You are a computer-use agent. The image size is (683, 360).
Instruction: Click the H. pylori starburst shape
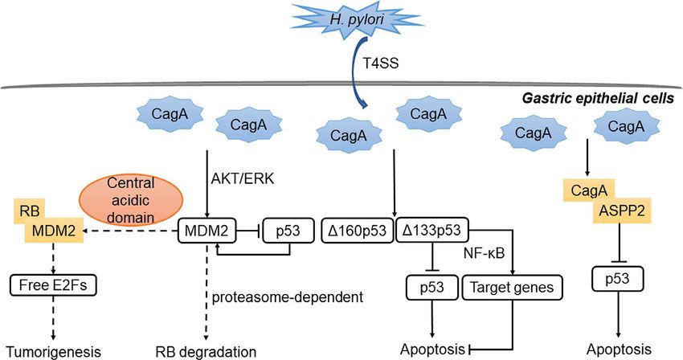(356, 19)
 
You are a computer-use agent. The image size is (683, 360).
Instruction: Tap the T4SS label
(381, 63)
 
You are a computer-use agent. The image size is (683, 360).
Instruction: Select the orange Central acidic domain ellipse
(131, 200)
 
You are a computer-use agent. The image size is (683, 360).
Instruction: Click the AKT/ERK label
(243, 178)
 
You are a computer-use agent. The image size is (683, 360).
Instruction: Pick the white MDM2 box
(207, 231)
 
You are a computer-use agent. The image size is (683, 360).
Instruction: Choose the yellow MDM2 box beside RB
(55, 231)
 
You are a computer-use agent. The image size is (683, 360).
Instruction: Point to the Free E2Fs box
(53, 285)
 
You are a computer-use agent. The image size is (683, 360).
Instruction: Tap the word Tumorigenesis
(54, 351)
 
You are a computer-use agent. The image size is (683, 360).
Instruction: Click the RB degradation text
(206, 351)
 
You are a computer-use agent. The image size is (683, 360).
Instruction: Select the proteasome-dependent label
(288, 297)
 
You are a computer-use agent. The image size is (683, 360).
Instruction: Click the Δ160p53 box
(357, 230)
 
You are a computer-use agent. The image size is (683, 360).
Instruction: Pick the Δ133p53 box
(431, 230)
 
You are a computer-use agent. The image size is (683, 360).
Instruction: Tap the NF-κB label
(485, 253)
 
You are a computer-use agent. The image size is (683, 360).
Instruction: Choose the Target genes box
(513, 287)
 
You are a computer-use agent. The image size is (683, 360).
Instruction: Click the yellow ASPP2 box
(622, 211)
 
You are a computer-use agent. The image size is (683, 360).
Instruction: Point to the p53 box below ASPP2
(618, 279)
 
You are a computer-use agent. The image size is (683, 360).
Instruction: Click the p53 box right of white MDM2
(288, 231)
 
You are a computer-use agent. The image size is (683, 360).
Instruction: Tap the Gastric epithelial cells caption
(598, 98)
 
